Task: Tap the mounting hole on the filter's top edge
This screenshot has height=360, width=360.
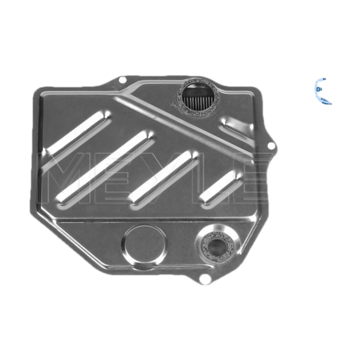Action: [121, 80]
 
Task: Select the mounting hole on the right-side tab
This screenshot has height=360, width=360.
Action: [270, 145]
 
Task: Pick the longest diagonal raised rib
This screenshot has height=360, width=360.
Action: [106, 166]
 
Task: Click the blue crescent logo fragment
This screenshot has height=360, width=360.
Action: [324, 91]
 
